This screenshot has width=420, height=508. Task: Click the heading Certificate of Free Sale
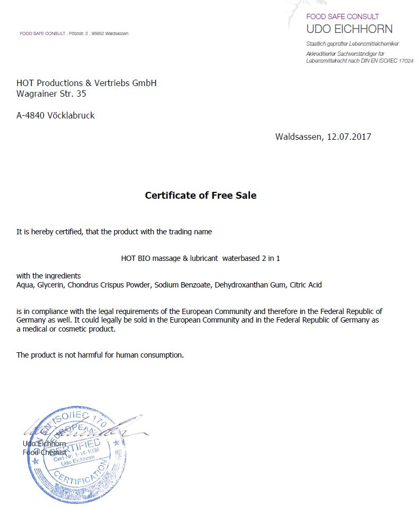click(x=200, y=196)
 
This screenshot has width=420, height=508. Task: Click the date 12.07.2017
click(x=349, y=137)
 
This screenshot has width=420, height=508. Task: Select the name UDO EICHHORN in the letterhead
click(x=349, y=29)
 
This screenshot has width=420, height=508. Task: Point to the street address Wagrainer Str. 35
click(x=51, y=94)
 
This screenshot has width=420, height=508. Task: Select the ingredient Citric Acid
click(x=306, y=285)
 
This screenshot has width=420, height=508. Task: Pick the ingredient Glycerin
click(x=51, y=285)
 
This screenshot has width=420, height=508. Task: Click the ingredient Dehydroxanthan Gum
click(x=250, y=285)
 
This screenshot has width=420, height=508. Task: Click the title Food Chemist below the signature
click(x=44, y=452)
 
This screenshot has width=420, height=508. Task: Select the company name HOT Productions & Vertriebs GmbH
click(x=86, y=83)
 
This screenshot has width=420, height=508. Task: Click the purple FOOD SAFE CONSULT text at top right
click(x=342, y=16)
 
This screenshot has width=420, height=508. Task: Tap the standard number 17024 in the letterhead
click(x=406, y=61)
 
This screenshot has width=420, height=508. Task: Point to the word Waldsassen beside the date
click(x=299, y=137)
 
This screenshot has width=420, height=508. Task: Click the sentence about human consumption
click(x=100, y=355)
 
